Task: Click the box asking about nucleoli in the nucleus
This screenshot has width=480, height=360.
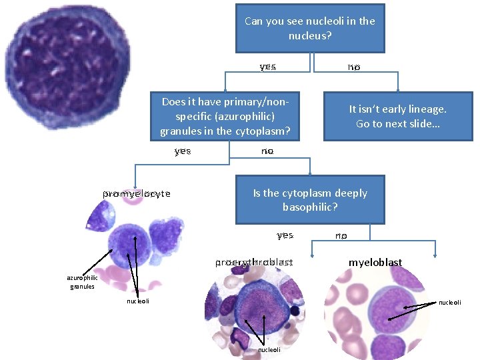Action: coord(310,28)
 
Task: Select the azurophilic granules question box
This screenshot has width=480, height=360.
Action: coord(225,116)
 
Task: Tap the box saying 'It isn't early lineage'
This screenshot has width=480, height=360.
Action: coord(397,116)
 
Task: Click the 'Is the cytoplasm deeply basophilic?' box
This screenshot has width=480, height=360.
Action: coord(310,199)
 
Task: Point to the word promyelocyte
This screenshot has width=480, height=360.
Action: coord(137,194)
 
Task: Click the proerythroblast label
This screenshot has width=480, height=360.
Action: coord(254,263)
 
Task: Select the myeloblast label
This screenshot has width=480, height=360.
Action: coord(375,263)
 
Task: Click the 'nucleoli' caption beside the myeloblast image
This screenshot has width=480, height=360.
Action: coord(450,302)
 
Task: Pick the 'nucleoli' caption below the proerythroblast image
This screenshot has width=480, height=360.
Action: coord(269,349)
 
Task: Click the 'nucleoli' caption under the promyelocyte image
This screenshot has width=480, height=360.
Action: coord(138,301)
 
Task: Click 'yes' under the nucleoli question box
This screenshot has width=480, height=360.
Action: coord(268,67)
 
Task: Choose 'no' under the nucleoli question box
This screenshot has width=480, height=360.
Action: coord(353,67)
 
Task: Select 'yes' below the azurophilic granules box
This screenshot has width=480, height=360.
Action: coord(183,151)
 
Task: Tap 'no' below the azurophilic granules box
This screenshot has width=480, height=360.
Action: coord(267,151)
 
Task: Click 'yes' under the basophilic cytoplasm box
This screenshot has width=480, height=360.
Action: coord(285,235)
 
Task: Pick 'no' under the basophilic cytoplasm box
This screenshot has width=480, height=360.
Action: coord(341,235)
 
